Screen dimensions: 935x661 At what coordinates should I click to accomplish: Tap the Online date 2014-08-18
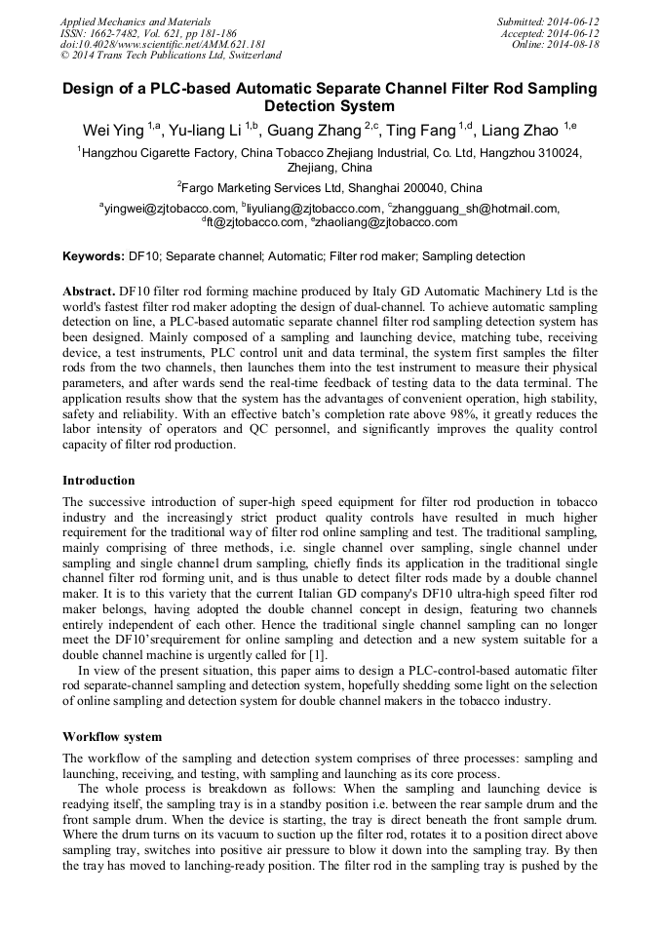click(556, 45)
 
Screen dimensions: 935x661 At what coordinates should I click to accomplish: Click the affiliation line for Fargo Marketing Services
click(330, 187)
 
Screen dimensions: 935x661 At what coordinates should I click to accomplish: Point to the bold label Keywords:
click(94, 256)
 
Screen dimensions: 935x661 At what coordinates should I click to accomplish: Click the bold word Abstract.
click(88, 292)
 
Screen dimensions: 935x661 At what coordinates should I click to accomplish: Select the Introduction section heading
click(98, 480)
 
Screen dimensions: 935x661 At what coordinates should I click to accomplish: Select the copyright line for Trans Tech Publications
click(171, 56)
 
